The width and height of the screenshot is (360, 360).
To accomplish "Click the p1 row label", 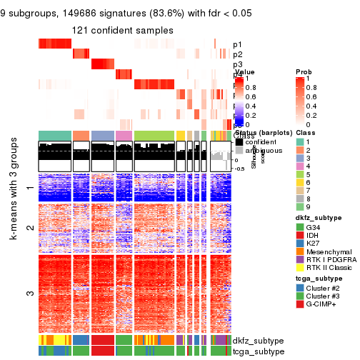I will (x=238, y=44).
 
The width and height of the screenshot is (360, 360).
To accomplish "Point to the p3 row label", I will (x=238, y=64).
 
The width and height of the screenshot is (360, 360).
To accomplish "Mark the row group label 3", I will (x=29, y=293).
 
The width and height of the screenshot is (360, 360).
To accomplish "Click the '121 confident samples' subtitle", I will (x=122, y=30).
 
